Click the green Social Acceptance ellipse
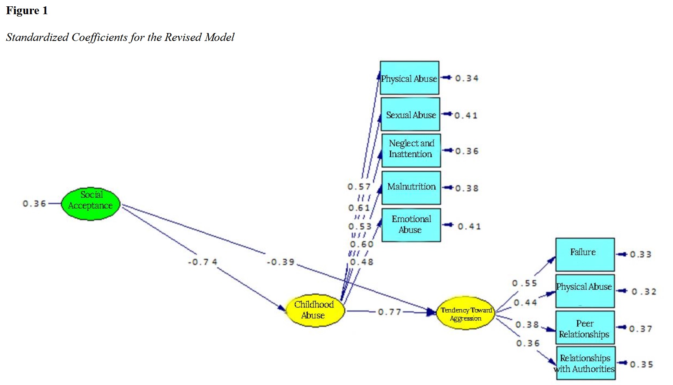pos(91,204)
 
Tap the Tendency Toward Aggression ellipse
pos(465,314)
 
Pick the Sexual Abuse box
pos(410,115)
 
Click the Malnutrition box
pos(411,187)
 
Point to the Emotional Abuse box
pos(411,225)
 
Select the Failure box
pos(585,254)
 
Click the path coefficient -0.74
pos(202,262)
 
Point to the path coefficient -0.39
pos(280,262)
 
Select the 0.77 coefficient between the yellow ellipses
pos(389,312)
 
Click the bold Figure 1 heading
pos(27,11)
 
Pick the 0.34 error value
pos(467,78)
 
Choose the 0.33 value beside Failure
pos(640,255)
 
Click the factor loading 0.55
pos(524,283)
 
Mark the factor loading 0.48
pos(362,262)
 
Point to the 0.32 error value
pos(644,292)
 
